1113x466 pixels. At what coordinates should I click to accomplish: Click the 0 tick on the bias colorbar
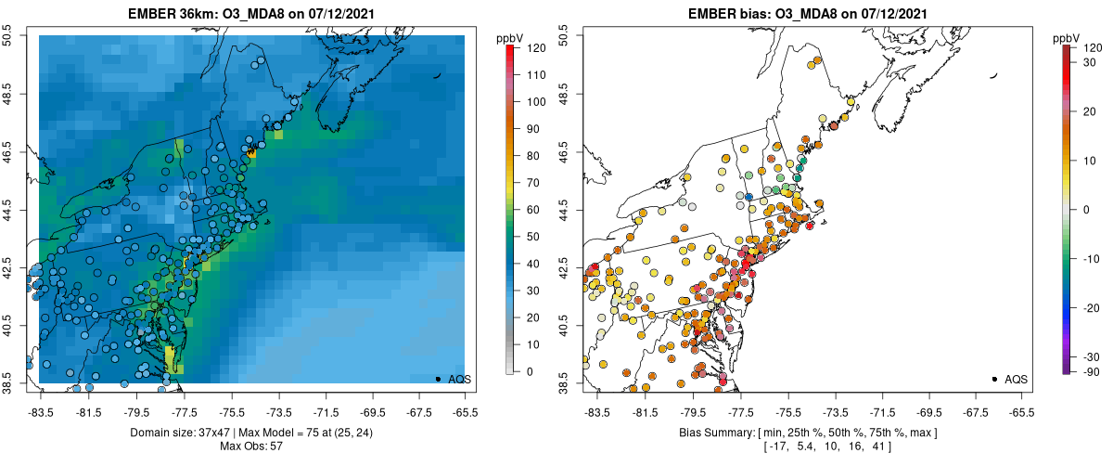[x=1086, y=210]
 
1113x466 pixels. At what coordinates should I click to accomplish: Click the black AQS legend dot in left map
[x=438, y=379]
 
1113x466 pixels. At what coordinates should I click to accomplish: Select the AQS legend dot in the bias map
[x=994, y=379]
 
